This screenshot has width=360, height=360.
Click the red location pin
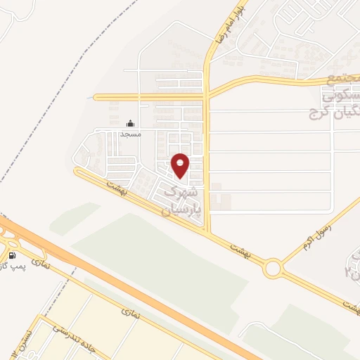181,165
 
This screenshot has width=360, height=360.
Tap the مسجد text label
131,134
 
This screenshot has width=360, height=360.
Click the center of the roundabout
273,268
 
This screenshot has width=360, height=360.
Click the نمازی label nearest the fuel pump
43,264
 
